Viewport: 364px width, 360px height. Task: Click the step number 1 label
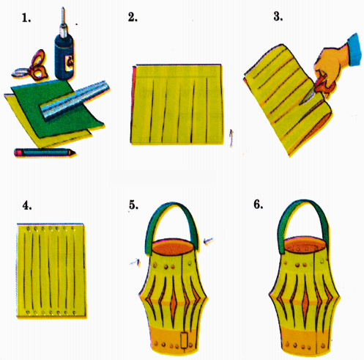26,18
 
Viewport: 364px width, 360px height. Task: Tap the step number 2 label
133,17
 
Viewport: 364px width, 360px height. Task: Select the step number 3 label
278,17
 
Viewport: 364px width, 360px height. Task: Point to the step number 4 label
27,205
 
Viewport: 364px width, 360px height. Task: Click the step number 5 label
133,205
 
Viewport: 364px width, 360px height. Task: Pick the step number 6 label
259,205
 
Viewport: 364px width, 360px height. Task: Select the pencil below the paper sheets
45,153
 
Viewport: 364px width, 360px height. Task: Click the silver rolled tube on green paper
75,100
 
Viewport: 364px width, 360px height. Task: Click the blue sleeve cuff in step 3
354,50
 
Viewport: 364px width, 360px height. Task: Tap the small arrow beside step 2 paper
231,139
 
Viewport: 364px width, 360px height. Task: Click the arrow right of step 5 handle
208,241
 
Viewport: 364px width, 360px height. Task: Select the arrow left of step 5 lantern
135,262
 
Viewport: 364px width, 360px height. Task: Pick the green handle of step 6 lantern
302,202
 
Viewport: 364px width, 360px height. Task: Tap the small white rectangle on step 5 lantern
185,340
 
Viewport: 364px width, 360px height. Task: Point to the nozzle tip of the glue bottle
63,9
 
